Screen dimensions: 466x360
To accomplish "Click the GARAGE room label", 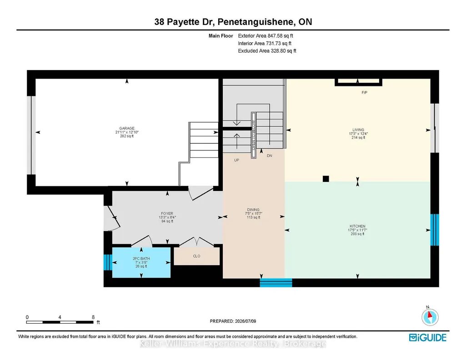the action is click(127, 128).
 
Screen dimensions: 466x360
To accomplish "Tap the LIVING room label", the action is click(358, 130).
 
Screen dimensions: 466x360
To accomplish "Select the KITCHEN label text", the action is click(357, 226).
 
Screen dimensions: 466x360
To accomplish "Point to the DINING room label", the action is click(253, 210).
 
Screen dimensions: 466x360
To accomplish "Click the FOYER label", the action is click(167, 213).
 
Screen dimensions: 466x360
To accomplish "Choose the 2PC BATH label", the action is click(141, 259).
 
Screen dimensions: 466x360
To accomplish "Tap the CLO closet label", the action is click(196, 256).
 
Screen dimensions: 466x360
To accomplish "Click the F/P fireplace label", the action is click(364, 92).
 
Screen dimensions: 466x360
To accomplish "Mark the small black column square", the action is click(326, 179).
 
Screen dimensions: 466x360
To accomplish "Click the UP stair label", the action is click(236, 160).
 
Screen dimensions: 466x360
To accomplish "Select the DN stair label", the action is click(269, 155).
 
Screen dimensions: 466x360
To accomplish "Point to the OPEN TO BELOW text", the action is click(254, 135).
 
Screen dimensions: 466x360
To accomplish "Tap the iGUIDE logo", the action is click(428, 338).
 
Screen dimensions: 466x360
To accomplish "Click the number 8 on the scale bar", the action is click(93, 317).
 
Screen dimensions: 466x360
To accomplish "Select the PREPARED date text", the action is click(233, 321).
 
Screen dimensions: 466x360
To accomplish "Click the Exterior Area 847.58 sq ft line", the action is click(266, 35).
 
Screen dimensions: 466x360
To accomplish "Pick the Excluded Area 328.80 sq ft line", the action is click(267, 51).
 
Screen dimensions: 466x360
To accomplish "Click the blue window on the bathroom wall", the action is click(108, 262).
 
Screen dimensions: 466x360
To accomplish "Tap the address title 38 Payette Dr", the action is click(185, 22).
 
